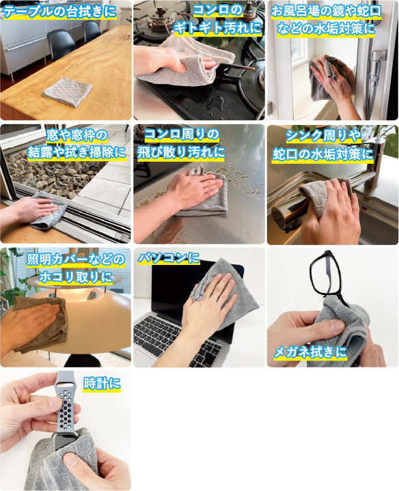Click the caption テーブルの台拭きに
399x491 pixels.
point(59,12)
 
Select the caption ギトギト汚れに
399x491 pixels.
point(218,29)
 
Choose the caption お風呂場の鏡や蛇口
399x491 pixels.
point(326,12)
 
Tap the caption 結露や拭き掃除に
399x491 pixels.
point(77,153)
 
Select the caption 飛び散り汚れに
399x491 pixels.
point(181,152)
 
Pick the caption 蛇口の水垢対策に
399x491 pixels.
point(322,154)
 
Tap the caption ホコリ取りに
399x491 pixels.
point(75,277)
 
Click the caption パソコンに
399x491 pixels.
point(169,258)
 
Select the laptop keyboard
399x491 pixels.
point(182,340)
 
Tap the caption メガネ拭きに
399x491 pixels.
point(310,352)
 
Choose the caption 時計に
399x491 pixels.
point(102,383)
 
